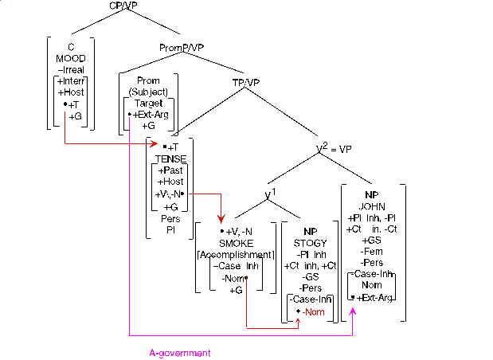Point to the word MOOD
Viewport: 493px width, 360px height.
[x=71, y=58]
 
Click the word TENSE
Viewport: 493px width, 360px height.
[x=170, y=158]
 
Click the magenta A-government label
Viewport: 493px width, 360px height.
[x=180, y=351]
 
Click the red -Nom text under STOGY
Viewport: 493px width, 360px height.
[x=313, y=311]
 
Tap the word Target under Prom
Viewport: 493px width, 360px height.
[x=149, y=104]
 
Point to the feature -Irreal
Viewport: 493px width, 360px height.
[x=71, y=69]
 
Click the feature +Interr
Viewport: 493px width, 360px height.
[x=71, y=81]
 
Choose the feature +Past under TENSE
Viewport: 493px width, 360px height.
[x=170, y=170]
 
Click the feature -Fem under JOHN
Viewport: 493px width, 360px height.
[x=370, y=251]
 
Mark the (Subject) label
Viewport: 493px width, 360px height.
[x=149, y=92]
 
